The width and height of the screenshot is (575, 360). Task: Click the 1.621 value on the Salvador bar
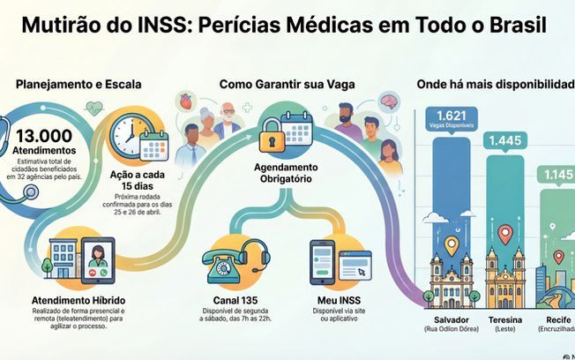(451, 116)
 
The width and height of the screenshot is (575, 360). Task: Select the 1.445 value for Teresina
(505, 140)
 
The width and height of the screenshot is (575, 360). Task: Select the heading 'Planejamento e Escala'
(78, 85)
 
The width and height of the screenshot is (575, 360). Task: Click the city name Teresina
(505, 319)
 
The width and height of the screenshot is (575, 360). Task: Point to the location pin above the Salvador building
(452, 244)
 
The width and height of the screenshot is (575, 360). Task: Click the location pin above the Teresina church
(504, 234)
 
